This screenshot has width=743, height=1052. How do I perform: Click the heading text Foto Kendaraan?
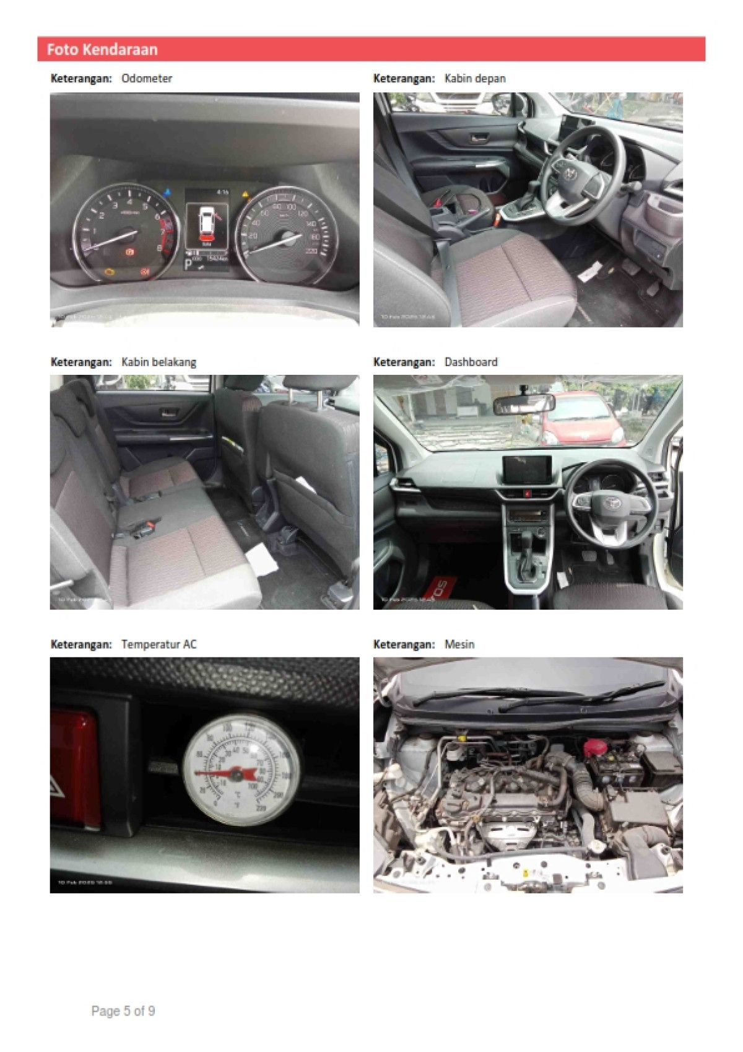102,50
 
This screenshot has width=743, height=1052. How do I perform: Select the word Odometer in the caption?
147,79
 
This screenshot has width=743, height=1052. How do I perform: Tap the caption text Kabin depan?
475,79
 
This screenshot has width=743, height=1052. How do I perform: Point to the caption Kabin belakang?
159,362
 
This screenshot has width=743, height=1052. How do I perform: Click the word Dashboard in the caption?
471,362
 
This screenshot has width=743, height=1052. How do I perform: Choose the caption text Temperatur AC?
159,644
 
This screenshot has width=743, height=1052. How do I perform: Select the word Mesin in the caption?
459,644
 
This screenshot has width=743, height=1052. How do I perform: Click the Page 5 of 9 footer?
123,1011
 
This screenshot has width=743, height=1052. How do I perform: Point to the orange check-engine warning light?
110,271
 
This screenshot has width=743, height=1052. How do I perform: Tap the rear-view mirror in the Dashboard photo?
524,403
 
